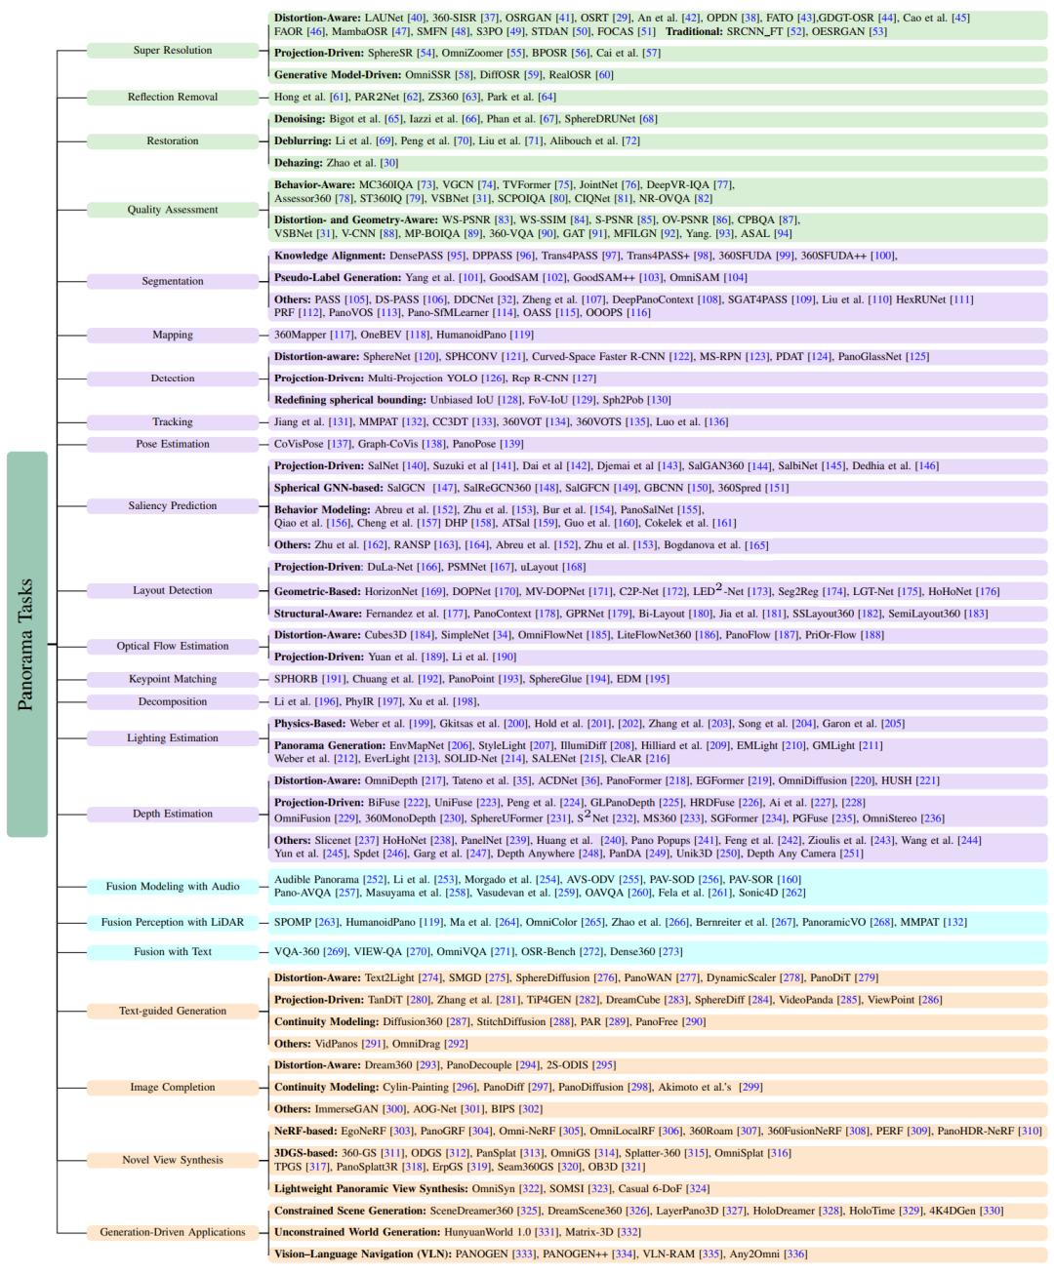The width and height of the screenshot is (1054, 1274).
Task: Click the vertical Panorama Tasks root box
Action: [x=26, y=644]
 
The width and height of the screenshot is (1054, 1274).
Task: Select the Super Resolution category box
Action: [x=173, y=50]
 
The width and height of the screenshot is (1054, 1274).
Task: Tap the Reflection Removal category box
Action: [x=173, y=97]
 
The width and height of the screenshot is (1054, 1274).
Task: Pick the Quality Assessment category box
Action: [x=173, y=209]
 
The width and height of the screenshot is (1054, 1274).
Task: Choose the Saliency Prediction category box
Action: [x=173, y=505]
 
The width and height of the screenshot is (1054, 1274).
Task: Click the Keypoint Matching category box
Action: [x=173, y=679]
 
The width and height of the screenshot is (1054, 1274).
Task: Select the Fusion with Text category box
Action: [x=173, y=951]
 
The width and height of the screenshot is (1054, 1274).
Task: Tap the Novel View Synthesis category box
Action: [x=173, y=1160]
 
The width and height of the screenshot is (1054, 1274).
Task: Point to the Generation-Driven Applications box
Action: [x=173, y=1232]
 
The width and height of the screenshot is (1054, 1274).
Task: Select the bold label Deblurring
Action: [x=302, y=141]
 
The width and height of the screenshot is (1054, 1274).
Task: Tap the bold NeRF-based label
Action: [x=304, y=1131]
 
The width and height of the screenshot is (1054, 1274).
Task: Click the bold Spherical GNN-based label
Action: [x=327, y=488]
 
